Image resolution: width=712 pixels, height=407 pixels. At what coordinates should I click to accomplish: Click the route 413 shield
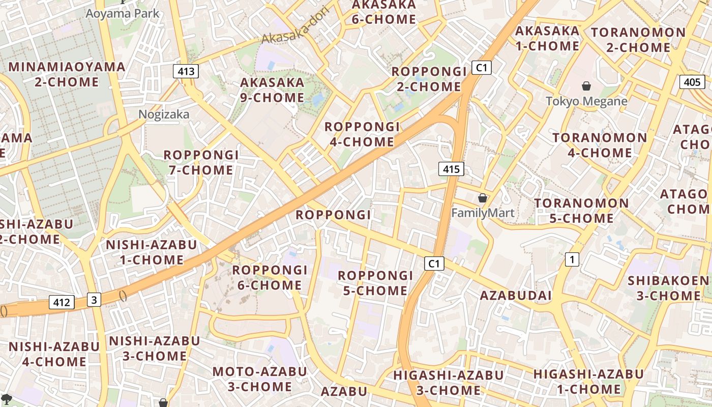pyautogui.click(x=186, y=71)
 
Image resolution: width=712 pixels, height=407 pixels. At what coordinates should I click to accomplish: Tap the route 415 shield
pyautogui.click(x=451, y=169)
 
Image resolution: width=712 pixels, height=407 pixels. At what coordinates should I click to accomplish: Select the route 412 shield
pyautogui.click(x=62, y=303)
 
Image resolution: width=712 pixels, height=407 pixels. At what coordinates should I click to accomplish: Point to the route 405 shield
pyautogui.click(x=692, y=82)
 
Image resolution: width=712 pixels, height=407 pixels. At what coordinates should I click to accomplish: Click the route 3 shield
pyautogui.click(x=94, y=300)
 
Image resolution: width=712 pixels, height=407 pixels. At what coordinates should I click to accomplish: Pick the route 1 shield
pyautogui.click(x=572, y=259)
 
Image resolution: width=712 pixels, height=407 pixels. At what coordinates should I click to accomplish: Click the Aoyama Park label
pyautogui.click(x=122, y=13)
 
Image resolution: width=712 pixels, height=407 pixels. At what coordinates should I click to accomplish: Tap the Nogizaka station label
pyautogui.click(x=164, y=114)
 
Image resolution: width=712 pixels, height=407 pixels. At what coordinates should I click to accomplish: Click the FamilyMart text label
pyautogui.click(x=483, y=213)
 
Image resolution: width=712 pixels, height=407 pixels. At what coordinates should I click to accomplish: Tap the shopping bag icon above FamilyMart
pyautogui.click(x=482, y=198)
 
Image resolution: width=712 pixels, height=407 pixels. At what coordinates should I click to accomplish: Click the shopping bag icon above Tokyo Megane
pyautogui.click(x=586, y=86)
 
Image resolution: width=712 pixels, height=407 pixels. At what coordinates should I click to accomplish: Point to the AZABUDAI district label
pyautogui.click(x=516, y=296)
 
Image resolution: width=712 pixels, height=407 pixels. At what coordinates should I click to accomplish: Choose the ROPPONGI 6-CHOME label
pyautogui.click(x=270, y=277)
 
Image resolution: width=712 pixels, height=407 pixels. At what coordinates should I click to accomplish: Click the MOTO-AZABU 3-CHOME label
pyautogui.click(x=259, y=379)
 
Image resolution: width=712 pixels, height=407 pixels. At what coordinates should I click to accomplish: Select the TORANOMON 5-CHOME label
pyautogui.click(x=581, y=211)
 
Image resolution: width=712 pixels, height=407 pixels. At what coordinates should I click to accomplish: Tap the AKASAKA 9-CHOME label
pyautogui.click(x=272, y=90)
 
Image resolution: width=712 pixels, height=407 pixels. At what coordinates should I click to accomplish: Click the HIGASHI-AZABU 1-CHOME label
pyautogui.click(x=588, y=382)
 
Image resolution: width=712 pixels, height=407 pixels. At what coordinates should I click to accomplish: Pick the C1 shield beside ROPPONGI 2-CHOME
pyautogui.click(x=481, y=68)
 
